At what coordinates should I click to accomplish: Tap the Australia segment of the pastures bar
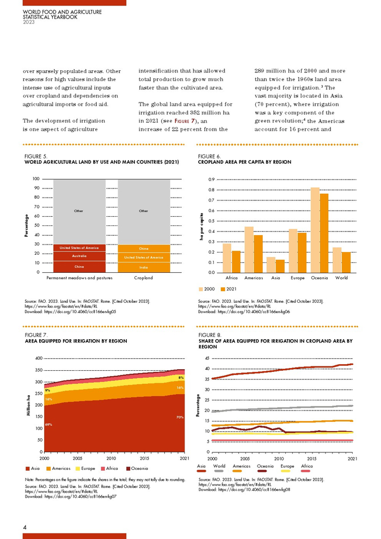click(79, 256)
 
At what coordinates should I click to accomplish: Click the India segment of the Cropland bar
click(144, 267)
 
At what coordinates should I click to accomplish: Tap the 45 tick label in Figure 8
click(206, 358)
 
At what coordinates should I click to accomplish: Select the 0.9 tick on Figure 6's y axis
click(211, 179)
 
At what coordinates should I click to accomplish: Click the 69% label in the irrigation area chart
click(48, 424)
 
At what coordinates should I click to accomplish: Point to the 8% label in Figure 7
click(180, 377)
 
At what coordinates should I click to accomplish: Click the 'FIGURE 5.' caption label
click(36, 156)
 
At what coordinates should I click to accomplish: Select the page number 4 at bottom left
click(25, 528)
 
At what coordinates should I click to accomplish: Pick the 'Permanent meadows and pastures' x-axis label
click(79, 278)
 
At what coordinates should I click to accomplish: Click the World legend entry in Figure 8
click(219, 467)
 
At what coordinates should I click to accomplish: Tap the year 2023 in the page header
click(28, 22)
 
